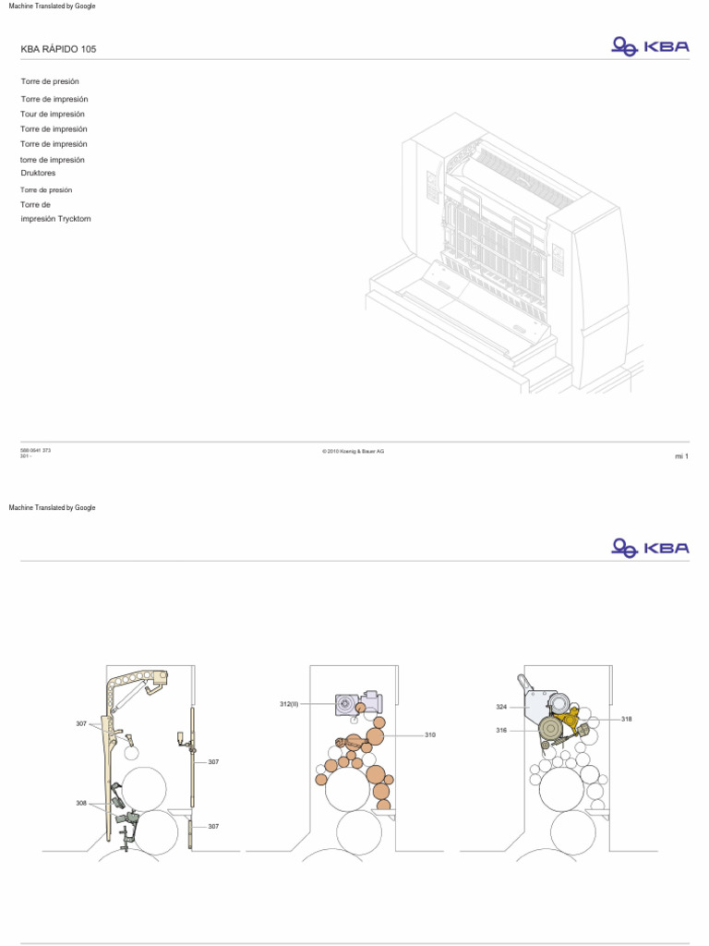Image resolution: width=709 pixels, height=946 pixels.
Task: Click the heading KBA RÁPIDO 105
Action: [58, 48]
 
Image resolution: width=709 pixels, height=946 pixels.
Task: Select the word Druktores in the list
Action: [39, 173]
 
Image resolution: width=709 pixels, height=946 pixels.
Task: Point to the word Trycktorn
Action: [75, 219]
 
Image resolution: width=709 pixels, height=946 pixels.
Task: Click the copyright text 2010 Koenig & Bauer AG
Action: [354, 451]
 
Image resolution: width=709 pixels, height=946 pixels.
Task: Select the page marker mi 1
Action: [682, 456]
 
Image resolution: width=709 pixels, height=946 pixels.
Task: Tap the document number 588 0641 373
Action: [35, 450]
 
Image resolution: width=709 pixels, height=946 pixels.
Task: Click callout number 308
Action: [81, 803]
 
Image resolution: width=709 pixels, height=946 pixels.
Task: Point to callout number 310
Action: [429, 735]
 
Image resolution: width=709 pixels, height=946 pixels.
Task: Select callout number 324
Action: [501, 708]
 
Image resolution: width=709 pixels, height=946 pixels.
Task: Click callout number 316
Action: [501, 730]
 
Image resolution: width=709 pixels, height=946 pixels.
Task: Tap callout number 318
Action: [626, 719]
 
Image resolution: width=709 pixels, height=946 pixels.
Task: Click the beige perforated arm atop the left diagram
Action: [138, 682]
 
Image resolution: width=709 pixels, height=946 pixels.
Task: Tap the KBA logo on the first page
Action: [650, 46]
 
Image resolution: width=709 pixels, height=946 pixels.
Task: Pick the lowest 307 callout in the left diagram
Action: [213, 826]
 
